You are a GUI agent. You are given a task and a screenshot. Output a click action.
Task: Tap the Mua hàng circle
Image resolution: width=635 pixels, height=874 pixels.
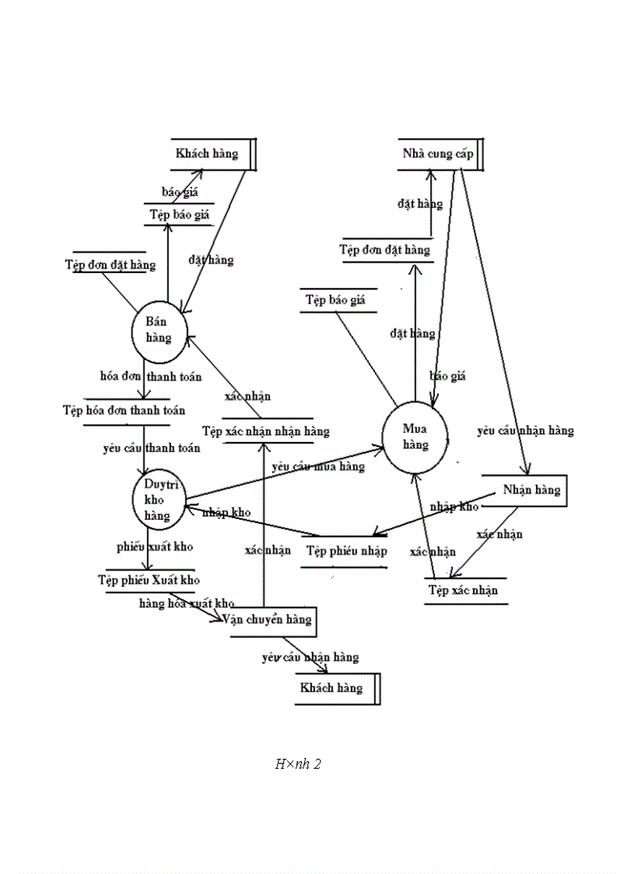(416, 437)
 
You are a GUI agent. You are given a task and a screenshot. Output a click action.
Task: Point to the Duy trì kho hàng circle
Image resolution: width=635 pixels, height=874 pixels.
(158, 500)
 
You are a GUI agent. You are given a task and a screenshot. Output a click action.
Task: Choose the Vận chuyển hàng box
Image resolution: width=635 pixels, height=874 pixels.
(267, 620)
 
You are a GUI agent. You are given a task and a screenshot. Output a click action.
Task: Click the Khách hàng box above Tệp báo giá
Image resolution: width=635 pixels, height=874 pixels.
(208, 153)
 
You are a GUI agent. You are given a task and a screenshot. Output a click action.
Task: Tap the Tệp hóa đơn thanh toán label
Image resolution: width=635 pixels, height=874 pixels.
(124, 410)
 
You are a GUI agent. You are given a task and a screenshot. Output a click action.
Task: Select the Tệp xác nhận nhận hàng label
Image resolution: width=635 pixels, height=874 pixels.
(266, 430)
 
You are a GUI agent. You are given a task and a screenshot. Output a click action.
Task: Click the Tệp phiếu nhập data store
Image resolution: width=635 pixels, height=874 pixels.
(346, 551)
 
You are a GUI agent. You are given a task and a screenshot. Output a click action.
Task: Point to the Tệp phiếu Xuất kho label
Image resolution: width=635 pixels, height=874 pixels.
(149, 580)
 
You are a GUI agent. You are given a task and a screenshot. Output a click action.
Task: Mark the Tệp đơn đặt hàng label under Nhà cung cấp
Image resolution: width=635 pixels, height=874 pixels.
(384, 250)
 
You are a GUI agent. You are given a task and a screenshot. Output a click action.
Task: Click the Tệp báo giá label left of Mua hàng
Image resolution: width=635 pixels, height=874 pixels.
(335, 300)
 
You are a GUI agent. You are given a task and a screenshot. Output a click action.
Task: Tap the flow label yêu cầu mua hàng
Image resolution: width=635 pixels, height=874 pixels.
(318, 467)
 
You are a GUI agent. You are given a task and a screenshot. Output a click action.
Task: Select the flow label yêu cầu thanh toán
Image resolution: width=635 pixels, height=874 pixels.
(151, 448)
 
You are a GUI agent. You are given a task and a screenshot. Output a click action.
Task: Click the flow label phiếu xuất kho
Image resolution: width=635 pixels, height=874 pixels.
(155, 546)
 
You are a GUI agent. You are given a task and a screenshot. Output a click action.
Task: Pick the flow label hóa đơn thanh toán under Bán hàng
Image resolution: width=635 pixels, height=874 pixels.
(151, 376)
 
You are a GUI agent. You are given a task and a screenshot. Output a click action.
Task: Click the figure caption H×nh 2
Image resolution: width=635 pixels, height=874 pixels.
(298, 764)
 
